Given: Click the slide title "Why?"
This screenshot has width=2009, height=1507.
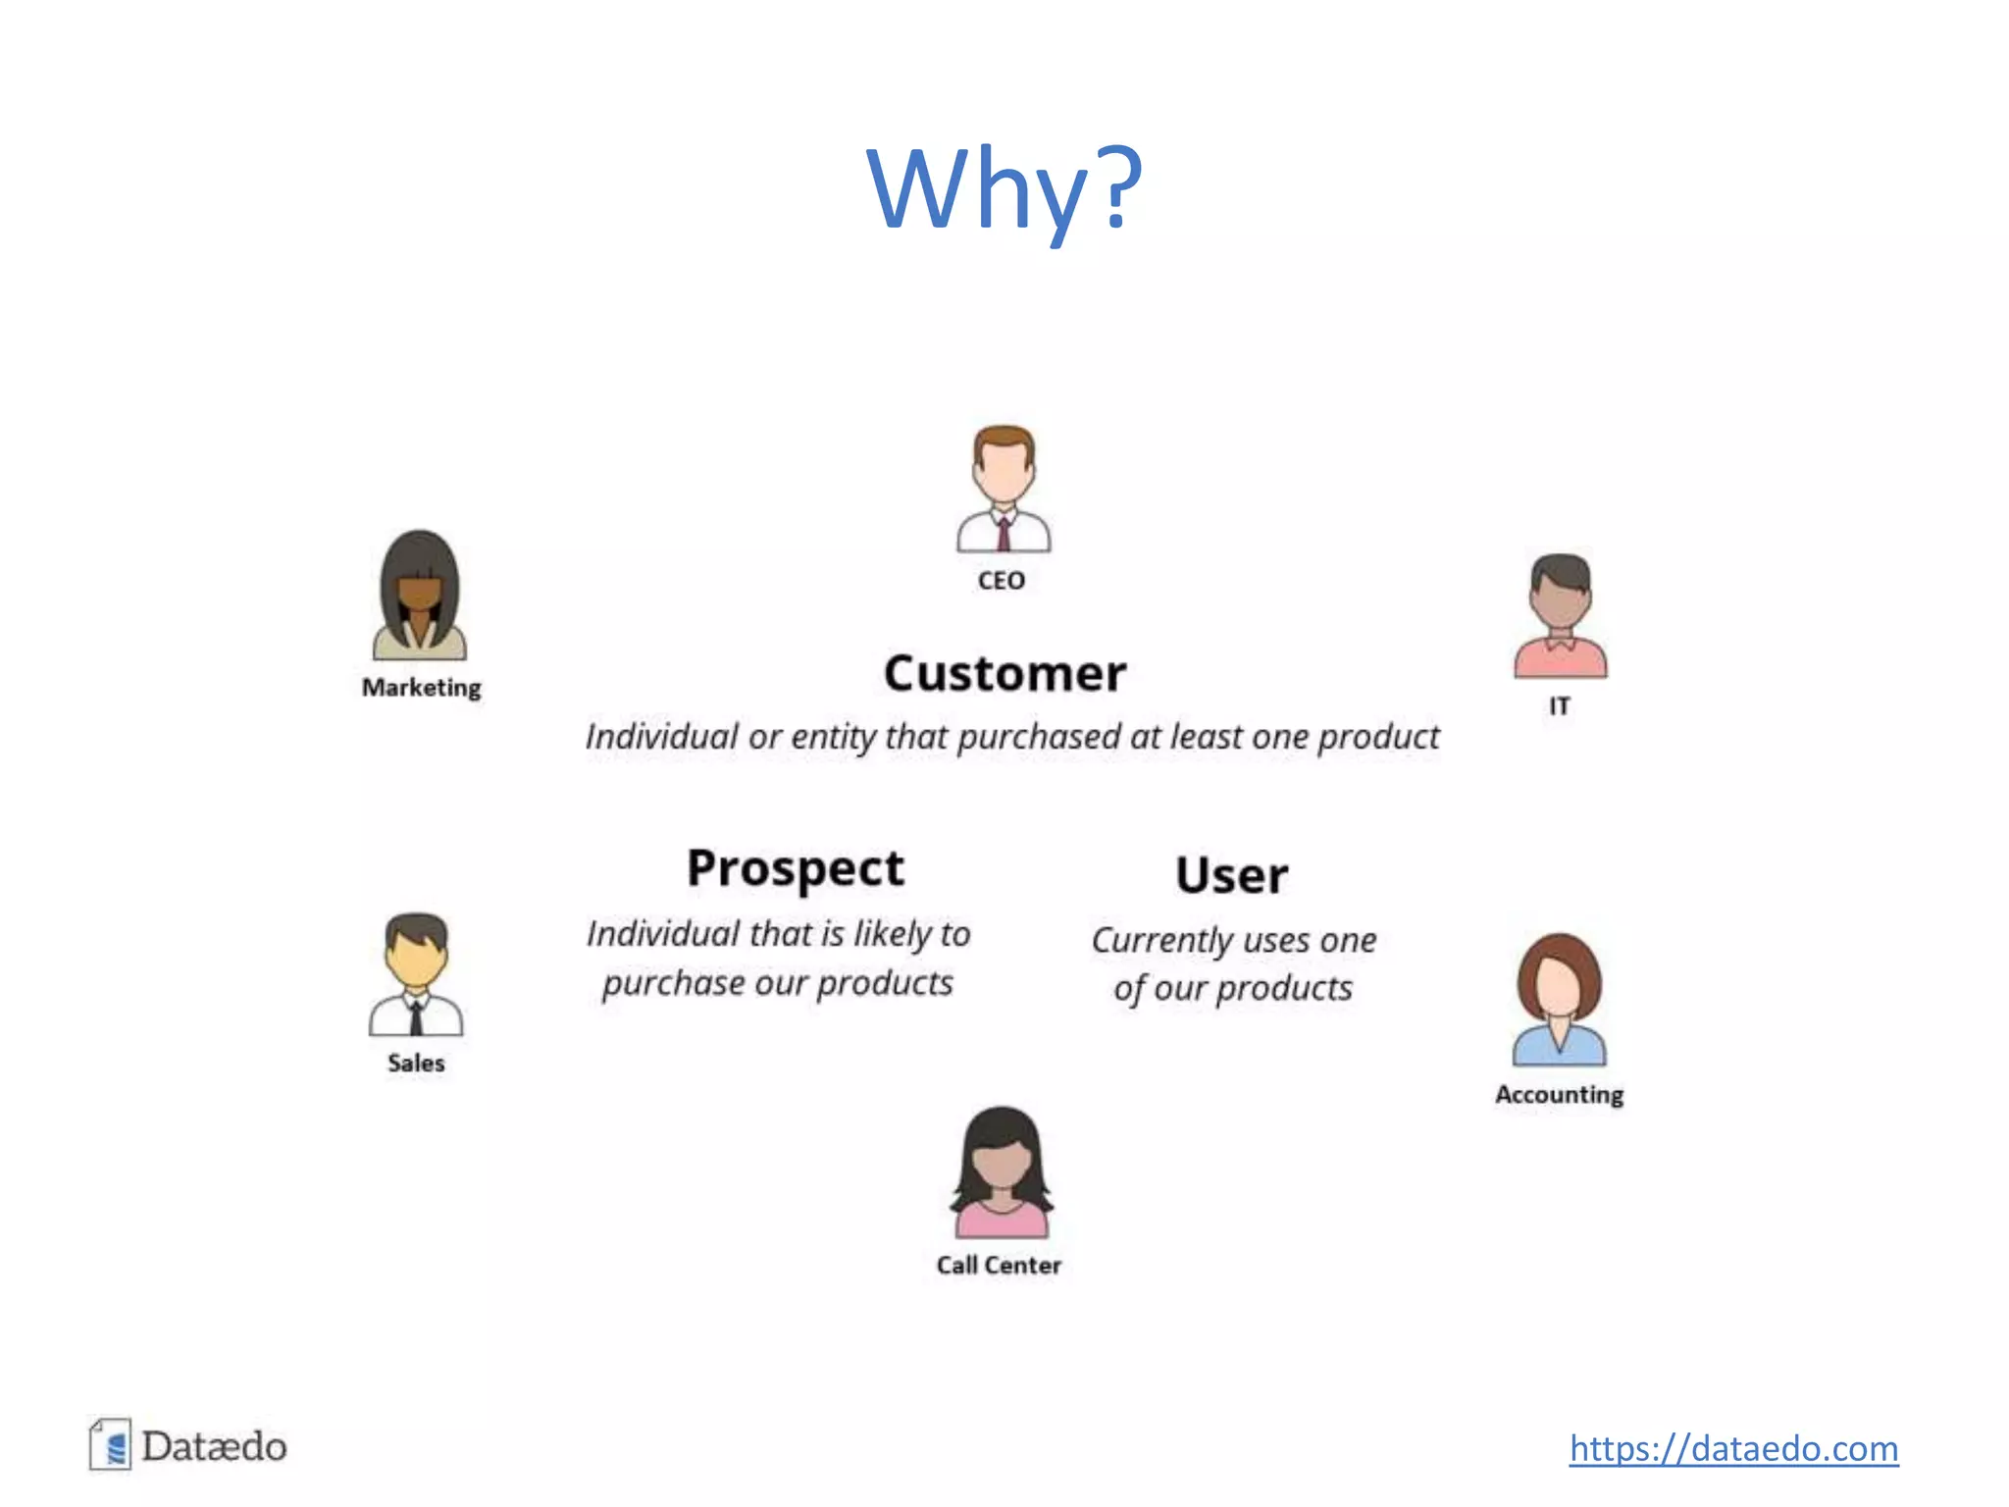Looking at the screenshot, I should [x=1004, y=188].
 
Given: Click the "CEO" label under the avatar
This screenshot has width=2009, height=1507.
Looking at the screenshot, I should [x=1002, y=581].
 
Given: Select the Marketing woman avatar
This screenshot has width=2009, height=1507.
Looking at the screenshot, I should [x=420, y=596].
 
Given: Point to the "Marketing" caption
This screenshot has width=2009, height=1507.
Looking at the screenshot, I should [x=422, y=688].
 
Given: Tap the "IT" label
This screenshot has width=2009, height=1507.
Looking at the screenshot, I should [x=1560, y=706].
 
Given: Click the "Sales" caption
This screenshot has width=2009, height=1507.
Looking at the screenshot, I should [x=416, y=1063].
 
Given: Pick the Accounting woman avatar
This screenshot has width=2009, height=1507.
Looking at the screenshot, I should [x=1559, y=1000].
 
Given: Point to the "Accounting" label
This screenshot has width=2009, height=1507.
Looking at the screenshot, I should [x=1559, y=1094].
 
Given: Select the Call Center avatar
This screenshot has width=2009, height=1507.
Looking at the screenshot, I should [x=1001, y=1172].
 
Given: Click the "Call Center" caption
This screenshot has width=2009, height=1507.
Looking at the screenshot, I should [x=999, y=1266].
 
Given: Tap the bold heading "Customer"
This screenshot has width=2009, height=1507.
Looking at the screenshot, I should [x=1004, y=674].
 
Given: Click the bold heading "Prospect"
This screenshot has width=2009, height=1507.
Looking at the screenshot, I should [x=796, y=869].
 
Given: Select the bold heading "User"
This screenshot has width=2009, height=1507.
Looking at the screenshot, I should [x=1232, y=875].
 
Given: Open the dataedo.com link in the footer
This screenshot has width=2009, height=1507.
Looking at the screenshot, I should [x=1733, y=1449].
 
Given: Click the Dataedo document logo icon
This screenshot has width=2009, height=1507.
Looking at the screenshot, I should [x=111, y=1445].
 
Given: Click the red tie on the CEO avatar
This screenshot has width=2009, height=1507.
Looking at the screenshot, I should [x=1004, y=535].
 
